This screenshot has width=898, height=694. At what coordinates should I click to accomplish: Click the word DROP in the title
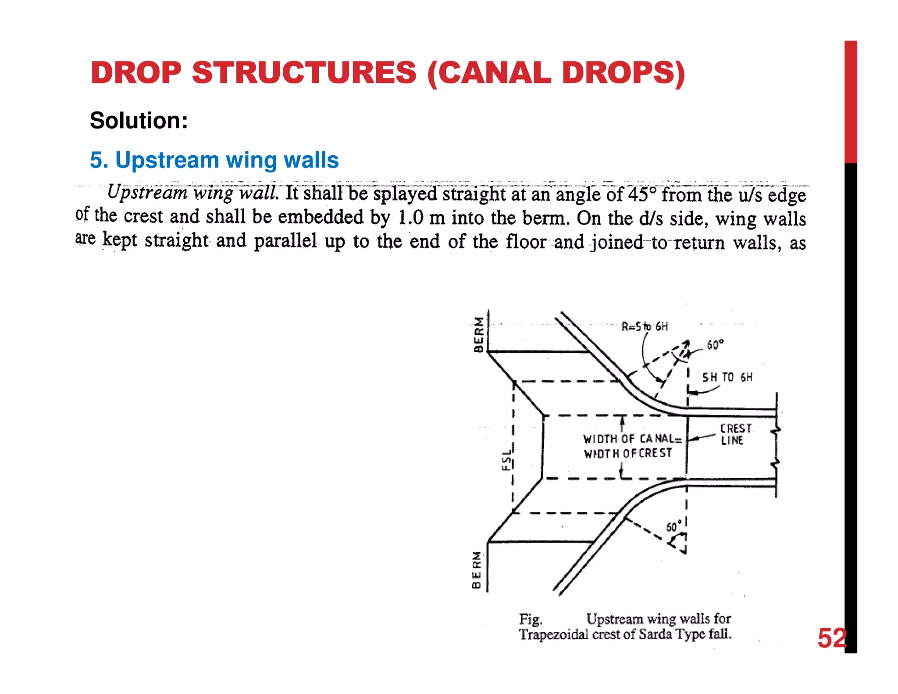(136, 72)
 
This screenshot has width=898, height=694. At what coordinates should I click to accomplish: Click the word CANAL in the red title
(495, 72)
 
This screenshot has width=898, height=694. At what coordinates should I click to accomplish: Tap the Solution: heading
(139, 120)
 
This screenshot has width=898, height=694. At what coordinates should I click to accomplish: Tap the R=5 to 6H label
(645, 326)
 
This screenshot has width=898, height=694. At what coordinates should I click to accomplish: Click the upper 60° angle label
(715, 345)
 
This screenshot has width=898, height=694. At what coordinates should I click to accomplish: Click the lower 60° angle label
(674, 526)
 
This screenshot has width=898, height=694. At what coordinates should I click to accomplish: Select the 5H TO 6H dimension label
(727, 377)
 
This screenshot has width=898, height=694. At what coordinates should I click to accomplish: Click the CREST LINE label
(735, 434)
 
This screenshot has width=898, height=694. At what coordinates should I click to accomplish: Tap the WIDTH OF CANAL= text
(632, 439)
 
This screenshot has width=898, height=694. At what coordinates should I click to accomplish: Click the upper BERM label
(479, 334)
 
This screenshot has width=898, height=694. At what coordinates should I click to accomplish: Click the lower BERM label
(476, 570)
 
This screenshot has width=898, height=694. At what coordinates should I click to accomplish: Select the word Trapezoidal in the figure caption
(553, 634)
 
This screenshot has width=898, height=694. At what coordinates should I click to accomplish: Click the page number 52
(831, 638)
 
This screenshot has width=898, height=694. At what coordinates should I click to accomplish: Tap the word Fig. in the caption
(531, 619)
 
